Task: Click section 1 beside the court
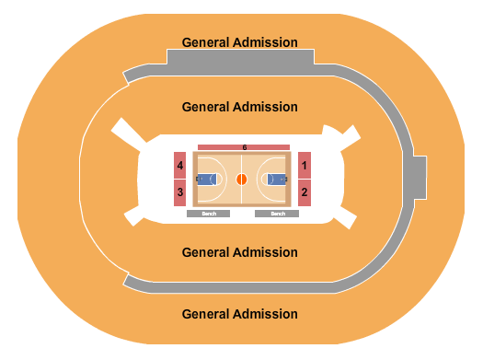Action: tap(304, 166)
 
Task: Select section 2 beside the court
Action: tap(304, 192)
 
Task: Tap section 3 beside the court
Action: tap(180, 192)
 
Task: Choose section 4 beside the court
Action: tap(180, 166)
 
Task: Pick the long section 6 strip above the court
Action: tap(244, 147)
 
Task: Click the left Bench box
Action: tap(208, 214)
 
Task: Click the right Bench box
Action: tap(277, 214)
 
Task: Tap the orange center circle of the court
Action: tap(242, 180)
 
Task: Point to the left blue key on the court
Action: tap(206, 180)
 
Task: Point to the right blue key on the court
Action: tap(277, 180)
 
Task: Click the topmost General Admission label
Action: tap(239, 42)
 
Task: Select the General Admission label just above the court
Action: tap(239, 107)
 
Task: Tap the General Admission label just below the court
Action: tap(239, 252)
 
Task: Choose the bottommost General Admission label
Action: tap(239, 314)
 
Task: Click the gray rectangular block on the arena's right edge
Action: tap(420, 178)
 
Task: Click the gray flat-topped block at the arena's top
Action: tap(239, 57)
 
